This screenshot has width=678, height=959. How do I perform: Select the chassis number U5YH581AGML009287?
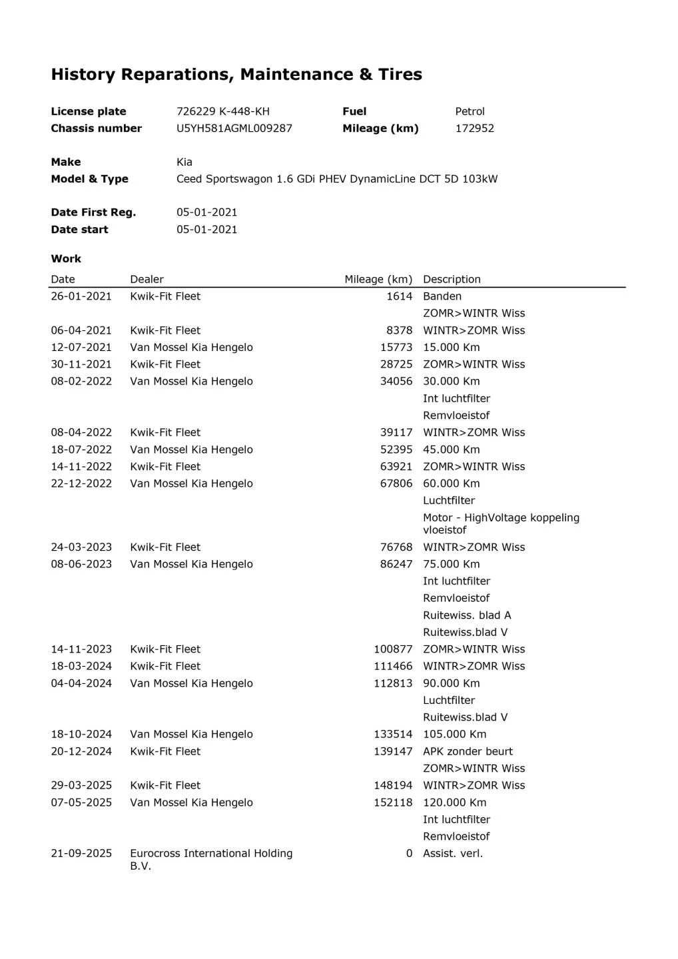(x=234, y=128)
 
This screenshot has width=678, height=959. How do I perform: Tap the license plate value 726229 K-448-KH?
(x=222, y=111)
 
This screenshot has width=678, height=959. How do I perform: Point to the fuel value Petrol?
(x=470, y=111)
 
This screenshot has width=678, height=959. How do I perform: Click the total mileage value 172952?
(x=474, y=128)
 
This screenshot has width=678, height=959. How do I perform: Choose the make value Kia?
(x=184, y=162)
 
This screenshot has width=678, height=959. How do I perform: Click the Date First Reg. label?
(x=93, y=212)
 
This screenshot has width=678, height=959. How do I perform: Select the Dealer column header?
(x=147, y=279)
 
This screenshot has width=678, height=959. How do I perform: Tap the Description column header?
(x=452, y=279)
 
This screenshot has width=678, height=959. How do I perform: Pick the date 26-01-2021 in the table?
(x=81, y=296)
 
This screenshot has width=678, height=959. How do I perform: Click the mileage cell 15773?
(x=396, y=347)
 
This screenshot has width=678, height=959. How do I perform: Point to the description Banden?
(x=442, y=296)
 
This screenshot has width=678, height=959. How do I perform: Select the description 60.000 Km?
(x=451, y=483)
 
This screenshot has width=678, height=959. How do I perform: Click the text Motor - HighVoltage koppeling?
(x=501, y=517)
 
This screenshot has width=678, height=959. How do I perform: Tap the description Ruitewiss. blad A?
(x=467, y=615)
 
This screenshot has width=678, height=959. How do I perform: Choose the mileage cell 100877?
(x=393, y=649)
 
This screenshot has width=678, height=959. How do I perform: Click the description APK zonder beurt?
(x=468, y=751)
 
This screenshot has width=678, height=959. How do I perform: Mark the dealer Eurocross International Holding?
(x=211, y=853)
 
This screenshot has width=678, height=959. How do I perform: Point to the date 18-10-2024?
(x=81, y=734)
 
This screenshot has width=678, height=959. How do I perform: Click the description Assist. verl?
(x=452, y=853)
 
